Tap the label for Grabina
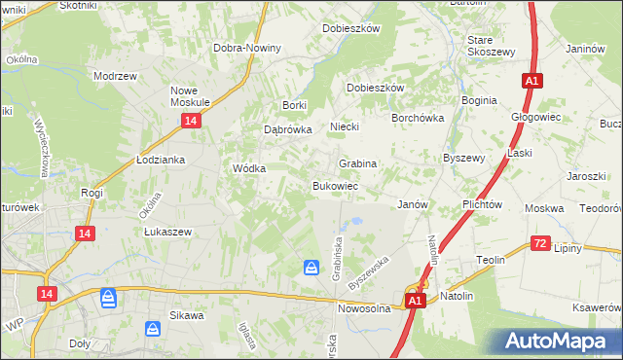click(357, 163)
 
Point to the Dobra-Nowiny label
click(247, 48)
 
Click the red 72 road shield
click(541, 243)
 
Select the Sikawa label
click(186, 315)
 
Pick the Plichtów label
click(482, 205)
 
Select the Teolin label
click(491, 261)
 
